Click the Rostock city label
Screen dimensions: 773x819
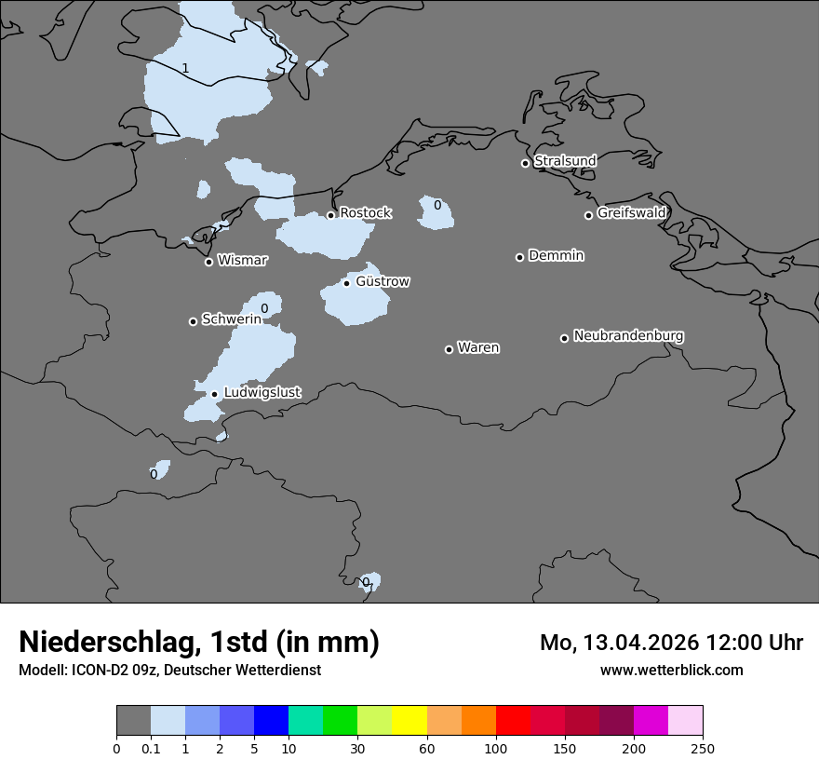(365, 213)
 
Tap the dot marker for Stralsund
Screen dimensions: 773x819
(525, 163)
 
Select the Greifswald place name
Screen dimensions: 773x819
(631, 213)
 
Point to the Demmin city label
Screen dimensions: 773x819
(556, 255)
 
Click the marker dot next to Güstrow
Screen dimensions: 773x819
(346, 283)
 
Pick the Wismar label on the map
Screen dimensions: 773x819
(242, 261)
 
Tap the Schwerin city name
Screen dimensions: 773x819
(232, 319)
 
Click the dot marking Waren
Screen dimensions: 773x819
(449, 349)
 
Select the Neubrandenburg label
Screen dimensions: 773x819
(628, 336)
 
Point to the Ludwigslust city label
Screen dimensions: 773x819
(262, 393)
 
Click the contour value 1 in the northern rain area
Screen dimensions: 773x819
(185, 68)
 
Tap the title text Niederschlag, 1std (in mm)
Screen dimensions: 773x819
(199, 643)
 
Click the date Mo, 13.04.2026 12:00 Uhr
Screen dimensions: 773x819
(671, 643)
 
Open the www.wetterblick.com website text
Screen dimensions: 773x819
(671, 670)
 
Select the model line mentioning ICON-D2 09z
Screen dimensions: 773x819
(169, 670)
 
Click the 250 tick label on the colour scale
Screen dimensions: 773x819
(703, 749)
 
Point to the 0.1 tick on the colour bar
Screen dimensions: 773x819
(151, 749)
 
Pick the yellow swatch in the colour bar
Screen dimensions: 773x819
(409, 721)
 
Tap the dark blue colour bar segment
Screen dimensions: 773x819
(271, 721)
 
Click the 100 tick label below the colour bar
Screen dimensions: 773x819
(496, 749)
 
